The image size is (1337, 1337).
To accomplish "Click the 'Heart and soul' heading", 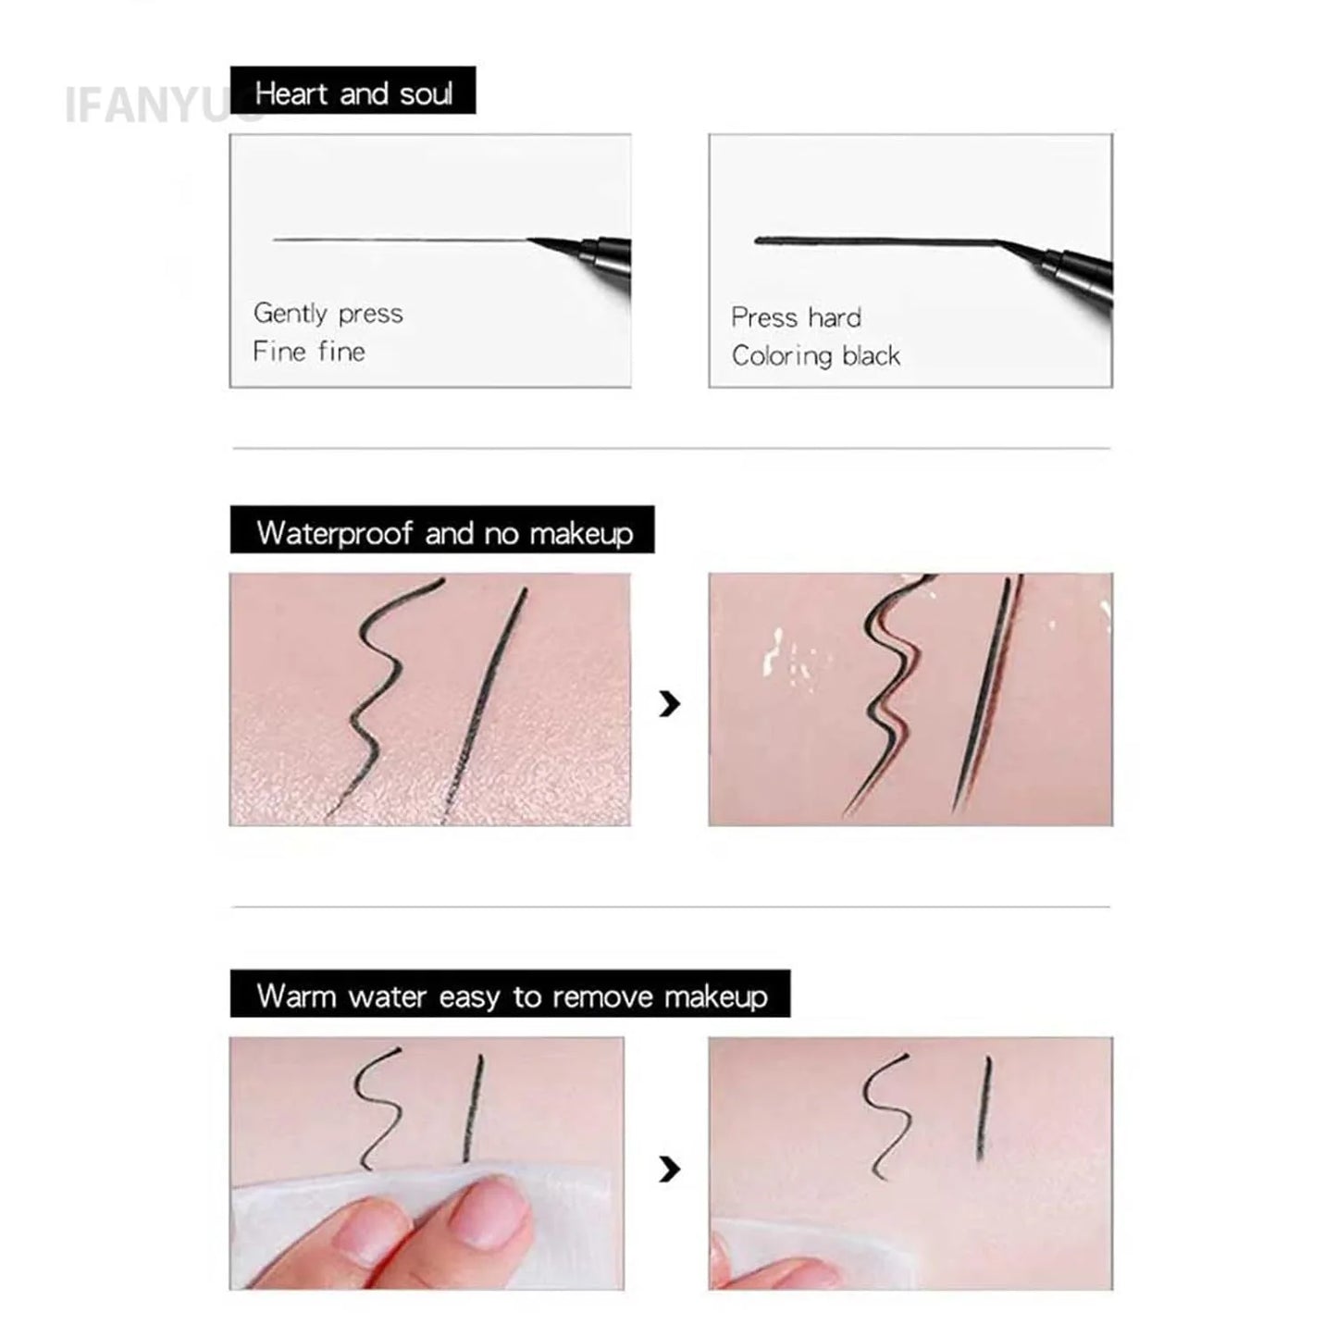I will coord(353,92).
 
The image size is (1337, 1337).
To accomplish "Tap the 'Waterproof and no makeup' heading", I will coord(443,531).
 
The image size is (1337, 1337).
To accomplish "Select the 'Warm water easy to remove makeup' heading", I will coord(511,995).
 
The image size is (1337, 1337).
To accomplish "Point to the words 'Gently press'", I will coord(328,314).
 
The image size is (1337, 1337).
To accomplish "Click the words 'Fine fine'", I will coord(308,352).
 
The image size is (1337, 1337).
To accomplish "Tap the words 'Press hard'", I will coord(796,317).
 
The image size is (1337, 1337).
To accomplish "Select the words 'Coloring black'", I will coord(815,356).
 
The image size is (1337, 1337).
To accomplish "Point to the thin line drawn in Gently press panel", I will coord(398,241).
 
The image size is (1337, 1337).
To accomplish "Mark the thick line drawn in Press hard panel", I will coord(870,241).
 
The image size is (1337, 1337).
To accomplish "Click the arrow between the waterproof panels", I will coord(669,704).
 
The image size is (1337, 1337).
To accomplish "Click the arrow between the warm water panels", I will coord(669,1170).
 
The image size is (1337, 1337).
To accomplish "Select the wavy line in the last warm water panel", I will coord(884,1115).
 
